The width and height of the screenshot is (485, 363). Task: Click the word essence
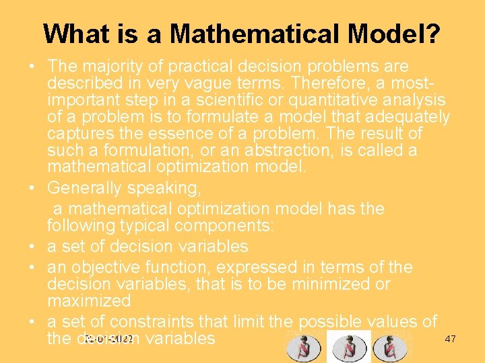185,133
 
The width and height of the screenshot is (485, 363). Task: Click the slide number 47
451,339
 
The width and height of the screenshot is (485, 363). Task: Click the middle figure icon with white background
348,346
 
